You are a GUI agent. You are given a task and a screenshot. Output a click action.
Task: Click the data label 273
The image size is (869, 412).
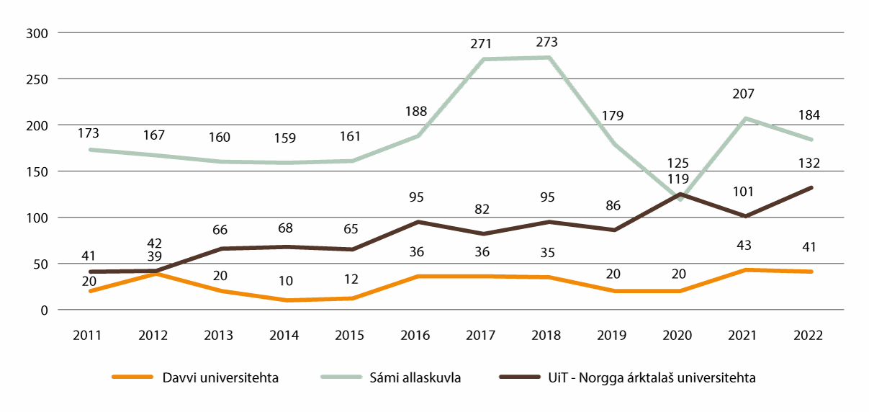[x=547, y=42]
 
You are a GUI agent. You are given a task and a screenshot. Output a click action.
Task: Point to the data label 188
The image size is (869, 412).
[x=416, y=111]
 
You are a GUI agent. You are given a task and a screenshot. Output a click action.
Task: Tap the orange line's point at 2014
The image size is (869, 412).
[x=286, y=300]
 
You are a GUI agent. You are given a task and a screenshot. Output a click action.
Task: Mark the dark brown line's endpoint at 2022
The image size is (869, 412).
[x=812, y=188]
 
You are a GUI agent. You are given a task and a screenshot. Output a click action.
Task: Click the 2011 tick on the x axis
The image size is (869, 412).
[x=88, y=335]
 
